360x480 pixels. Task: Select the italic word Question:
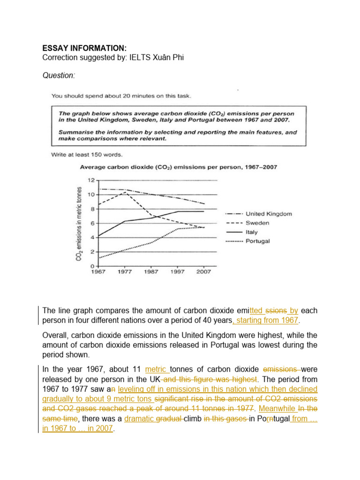pyautogui.click(x=59, y=75)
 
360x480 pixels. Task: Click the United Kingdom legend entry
pyautogui.click(x=269, y=214)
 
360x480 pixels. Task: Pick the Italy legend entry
pyautogui.click(x=254, y=232)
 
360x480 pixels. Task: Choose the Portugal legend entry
pyautogui.click(x=258, y=241)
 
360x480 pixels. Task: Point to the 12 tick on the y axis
pyautogui.click(x=92, y=180)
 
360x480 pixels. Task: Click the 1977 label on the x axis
pyautogui.click(x=125, y=272)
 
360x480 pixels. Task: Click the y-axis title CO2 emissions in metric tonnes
pyautogui.click(x=79, y=223)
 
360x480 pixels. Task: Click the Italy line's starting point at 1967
pyautogui.click(x=98, y=236)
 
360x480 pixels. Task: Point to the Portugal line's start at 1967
pyautogui.click(x=98, y=258)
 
